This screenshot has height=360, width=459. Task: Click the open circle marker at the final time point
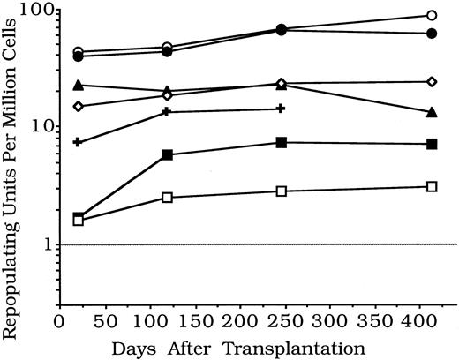click(432, 15)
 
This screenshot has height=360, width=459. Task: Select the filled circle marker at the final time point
click(432, 34)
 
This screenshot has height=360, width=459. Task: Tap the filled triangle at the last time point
click(432, 112)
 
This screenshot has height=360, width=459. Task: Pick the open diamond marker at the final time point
click(432, 81)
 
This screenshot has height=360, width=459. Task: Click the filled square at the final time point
click(432, 144)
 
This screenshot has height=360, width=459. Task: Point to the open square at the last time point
click(432, 186)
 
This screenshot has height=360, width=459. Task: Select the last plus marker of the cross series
click(281, 109)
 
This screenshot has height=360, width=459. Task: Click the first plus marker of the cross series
click(79, 141)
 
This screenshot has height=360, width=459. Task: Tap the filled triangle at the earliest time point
click(79, 86)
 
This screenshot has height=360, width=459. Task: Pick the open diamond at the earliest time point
click(79, 106)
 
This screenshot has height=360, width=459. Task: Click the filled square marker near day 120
click(168, 154)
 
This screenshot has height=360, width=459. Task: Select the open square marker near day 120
click(168, 197)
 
